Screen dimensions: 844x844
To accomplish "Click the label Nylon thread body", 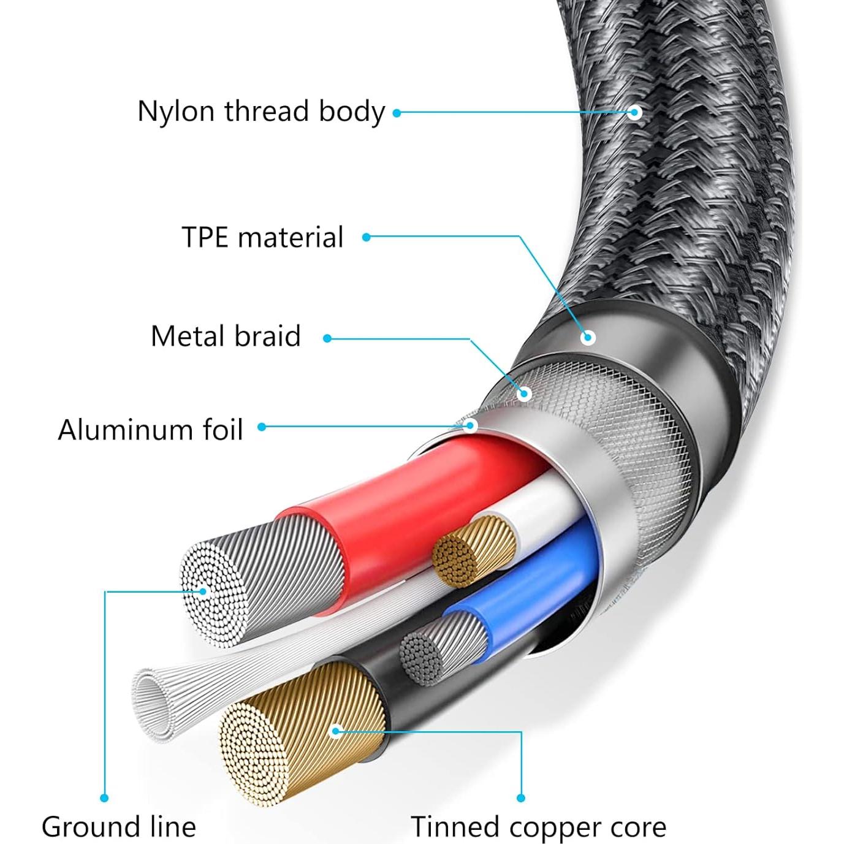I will (x=260, y=112).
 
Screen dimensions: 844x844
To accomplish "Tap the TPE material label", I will (x=262, y=237).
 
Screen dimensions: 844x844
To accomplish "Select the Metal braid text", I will (x=226, y=336).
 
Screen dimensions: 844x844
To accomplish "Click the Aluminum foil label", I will (x=151, y=430).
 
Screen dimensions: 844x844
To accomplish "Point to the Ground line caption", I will (x=119, y=827).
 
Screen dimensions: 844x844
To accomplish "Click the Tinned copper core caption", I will (x=538, y=827).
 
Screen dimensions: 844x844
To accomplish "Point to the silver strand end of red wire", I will (x=215, y=591).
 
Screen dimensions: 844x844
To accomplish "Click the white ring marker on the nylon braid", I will (x=636, y=112).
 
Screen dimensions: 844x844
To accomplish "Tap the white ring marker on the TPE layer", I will (x=588, y=337).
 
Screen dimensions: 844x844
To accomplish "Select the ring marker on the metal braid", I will (x=523, y=393).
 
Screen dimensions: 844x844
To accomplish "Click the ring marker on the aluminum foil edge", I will (x=470, y=425).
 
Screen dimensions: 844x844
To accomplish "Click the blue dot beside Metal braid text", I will (x=327, y=338).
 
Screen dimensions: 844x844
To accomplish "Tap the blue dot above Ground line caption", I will (x=104, y=797).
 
